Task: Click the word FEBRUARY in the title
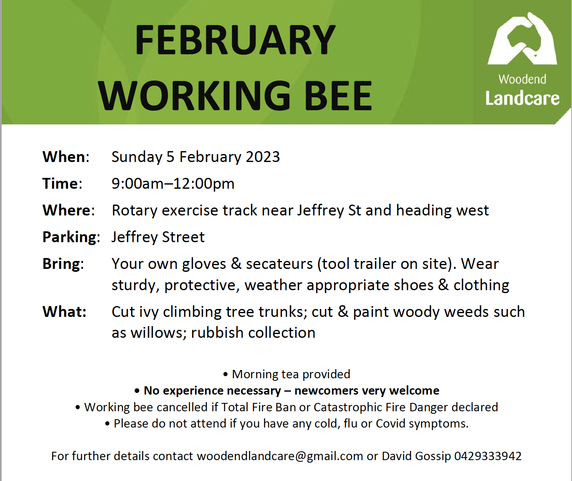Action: click(235, 40)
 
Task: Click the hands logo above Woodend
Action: click(522, 38)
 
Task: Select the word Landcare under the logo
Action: click(522, 98)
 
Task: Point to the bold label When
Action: click(63, 157)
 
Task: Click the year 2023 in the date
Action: click(263, 157)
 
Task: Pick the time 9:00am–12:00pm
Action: click(173, 184)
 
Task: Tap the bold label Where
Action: click(66, 210)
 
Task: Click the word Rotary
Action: click(134, 210)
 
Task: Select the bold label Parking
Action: click(70, 237)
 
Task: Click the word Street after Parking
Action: click(183, 237)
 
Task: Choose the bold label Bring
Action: click(61, 264)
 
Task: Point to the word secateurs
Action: click(279, 264)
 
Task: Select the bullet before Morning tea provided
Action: click(225, 375)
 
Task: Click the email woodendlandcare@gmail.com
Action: click(280, 456)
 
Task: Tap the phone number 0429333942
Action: click(488, 456)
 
